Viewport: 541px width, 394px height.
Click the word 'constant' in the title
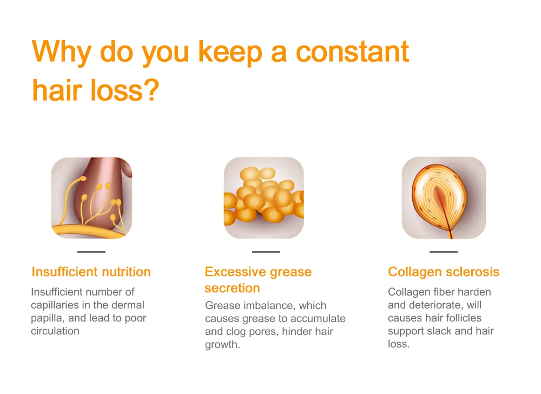(352, 52)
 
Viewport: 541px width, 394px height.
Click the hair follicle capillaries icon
(92, 198)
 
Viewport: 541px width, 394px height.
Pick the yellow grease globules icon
(264, 198)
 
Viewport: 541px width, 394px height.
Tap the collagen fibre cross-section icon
(444, 198)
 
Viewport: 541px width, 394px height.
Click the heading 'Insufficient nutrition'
(91, 272)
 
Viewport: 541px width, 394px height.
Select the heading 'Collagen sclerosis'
(444, 272)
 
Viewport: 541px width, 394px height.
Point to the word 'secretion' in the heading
(232, 288)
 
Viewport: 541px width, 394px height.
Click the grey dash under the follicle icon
(91, 252)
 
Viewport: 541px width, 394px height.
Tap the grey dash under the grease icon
(266, 252)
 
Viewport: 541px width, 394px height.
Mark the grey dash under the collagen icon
(444, 252)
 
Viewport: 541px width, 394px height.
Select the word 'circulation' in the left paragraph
(55, 331)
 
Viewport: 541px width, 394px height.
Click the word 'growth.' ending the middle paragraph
(222, 345)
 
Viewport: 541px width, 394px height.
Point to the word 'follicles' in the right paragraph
(461, 318)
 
